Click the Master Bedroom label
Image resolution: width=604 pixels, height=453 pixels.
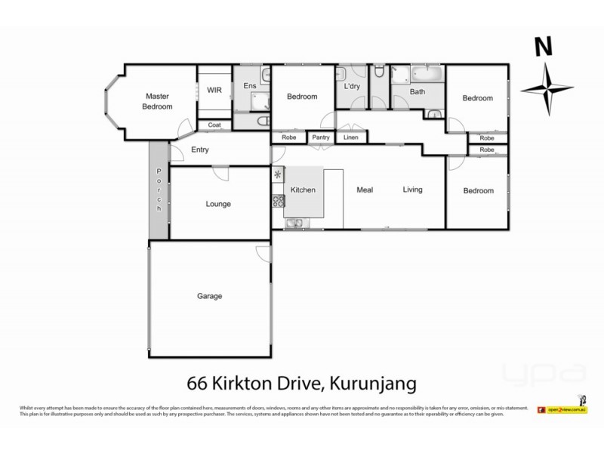point(158,101)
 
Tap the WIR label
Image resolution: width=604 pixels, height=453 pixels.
point(214,90)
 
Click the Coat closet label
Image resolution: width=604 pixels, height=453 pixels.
point(214,125)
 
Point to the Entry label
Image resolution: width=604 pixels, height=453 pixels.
point(199,149)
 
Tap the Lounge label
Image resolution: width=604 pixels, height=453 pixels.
point(218,204)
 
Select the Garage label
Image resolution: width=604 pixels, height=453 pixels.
point(209,296)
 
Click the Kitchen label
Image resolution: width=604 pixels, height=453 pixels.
point(303,190)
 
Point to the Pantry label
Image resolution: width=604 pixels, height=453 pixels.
point(321,137)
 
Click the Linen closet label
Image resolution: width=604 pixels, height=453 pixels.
point(351,137)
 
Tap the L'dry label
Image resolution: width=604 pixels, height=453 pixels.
point(352,87)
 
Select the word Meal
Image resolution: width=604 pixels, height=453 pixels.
point(365,190)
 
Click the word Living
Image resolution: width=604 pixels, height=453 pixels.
point(412,190)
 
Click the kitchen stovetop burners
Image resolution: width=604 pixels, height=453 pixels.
point(277,202)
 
